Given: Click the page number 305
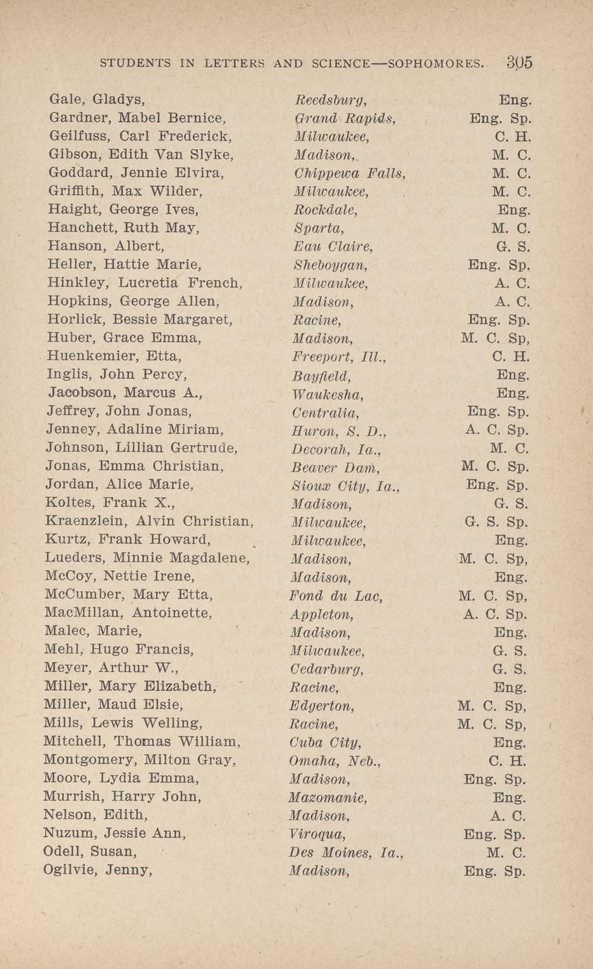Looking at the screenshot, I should coord(519,62).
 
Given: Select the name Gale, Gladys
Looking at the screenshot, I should coord(97,100).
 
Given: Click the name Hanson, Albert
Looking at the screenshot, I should coord(106,246).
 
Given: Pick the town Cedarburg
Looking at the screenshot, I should coord(327,668).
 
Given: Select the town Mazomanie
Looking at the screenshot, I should coord(328,798).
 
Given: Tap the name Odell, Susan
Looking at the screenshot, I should coord(89,852).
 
